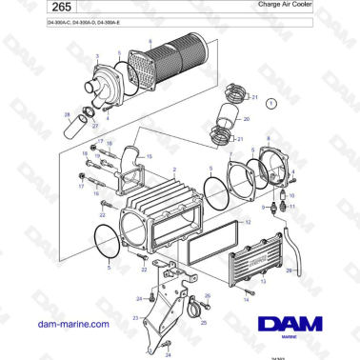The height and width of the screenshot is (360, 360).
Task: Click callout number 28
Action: coord(68,113)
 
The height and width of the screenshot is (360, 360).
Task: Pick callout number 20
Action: coord(246,120)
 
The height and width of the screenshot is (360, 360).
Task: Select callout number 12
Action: coord(250,220)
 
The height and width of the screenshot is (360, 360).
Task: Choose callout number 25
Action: coord(202,322)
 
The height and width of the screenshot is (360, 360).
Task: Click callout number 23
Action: coord(136,317)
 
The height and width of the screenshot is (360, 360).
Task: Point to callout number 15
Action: coord(147,155)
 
